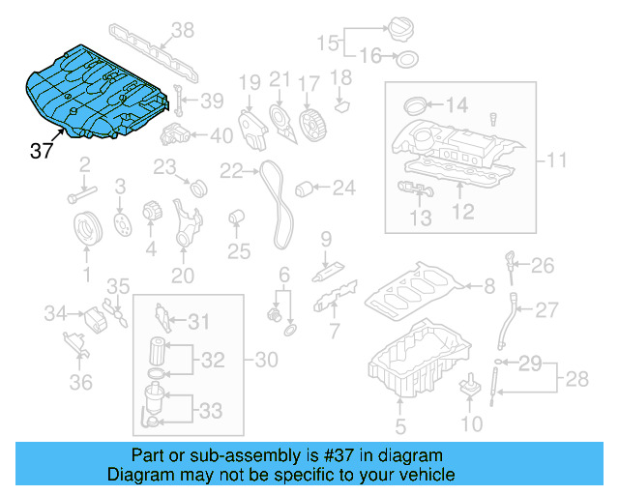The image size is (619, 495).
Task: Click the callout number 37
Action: (x=42, y=151)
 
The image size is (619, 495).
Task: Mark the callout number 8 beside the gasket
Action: (x=490, y=285)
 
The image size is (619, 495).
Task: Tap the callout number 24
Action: (x=344, y=186)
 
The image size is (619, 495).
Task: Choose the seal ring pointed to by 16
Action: (x=407, y=57)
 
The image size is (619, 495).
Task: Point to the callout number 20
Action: (x=183, y=275)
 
